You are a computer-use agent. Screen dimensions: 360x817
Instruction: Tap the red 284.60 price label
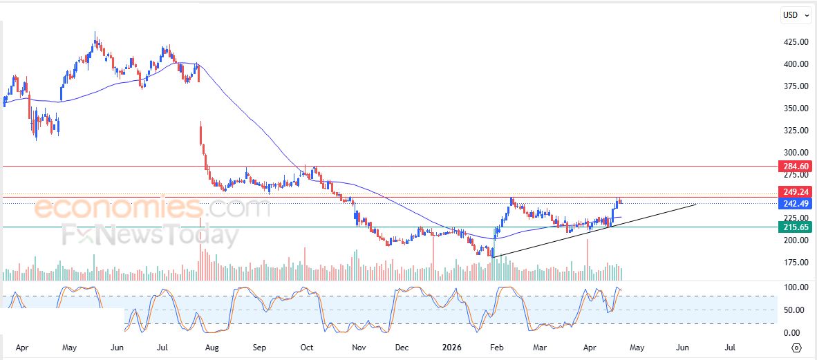pyautogui.click(x=793, y=166)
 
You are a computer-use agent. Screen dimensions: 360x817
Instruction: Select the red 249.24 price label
pyautogui.click(x=793, y=191)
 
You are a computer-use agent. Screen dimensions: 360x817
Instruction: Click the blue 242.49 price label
pyautogui.click(x=793, y=203)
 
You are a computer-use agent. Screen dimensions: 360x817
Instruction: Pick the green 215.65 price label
pyautogui.click(x=793, y=227)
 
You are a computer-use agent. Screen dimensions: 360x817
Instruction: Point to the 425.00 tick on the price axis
pyautogui.click(x=796, y=42)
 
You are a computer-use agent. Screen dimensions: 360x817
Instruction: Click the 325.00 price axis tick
pyautogui.click(x=796, y=131)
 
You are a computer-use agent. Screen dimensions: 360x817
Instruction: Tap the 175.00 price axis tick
pyautogui.click(x=796, y=263)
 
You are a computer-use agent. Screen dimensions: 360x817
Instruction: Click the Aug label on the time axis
pyautogui.click(x=212, y=347)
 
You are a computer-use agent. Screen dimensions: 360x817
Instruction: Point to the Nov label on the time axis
pyautogui.click(x=357, y=347)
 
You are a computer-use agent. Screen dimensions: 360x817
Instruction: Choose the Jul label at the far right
pyautogui.click(x=729, y=347)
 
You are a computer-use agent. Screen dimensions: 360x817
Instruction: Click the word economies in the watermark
pyautogui.click(x=118, y=208)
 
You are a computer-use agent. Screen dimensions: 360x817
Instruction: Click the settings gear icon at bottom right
pyautogui.click(x=797, y=348)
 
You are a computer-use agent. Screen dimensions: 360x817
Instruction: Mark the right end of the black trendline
pyautogui.click(x=695, y=205)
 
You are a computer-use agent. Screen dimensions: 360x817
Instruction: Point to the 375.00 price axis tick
pyautogui.click(x=796, y=86)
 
